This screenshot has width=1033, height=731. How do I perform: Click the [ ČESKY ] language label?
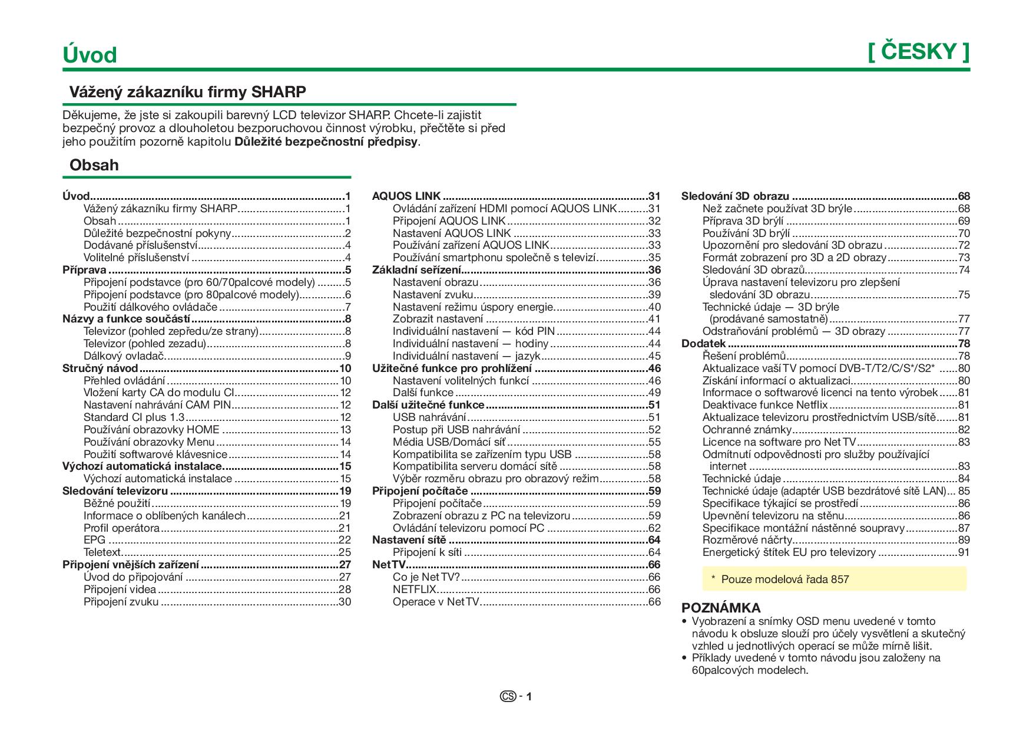[918, 52]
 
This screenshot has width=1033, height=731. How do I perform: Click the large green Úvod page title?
[90, 55]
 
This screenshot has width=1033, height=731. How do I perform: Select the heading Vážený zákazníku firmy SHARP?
[188, 92]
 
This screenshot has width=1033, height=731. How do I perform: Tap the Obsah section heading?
[94, 165]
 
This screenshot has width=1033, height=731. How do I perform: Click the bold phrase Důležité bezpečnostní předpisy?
[326, 141]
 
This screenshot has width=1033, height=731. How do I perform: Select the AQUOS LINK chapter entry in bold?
[406, 196]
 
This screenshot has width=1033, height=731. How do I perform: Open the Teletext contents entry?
[102, 552]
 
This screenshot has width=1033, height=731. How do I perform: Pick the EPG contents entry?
[94, 540]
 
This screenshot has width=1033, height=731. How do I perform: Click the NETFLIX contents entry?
[415, 590]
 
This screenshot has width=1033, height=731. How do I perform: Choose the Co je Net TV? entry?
[426, 577]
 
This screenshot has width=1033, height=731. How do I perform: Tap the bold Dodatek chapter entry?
[703, 344]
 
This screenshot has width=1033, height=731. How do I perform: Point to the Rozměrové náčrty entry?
[747, 540]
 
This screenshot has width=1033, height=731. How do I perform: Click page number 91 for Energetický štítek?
[964, 552]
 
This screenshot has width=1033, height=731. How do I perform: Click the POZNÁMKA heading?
[721, 608]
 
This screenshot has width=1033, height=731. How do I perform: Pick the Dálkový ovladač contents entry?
[124, 356]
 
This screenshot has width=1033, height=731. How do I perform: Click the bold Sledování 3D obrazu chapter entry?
[735, 196]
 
